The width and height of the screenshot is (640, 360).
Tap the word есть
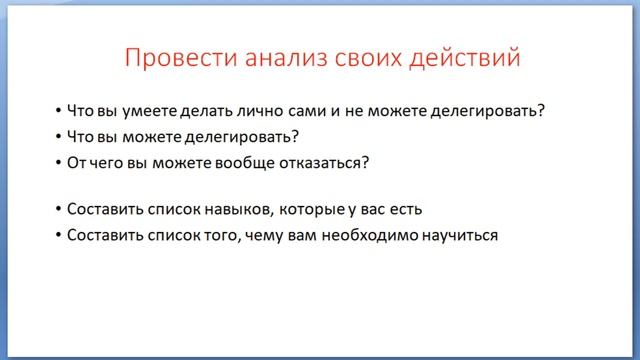click(406, 210)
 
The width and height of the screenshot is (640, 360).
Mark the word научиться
click(462, 236)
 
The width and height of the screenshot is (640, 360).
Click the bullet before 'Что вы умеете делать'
click(58, 110)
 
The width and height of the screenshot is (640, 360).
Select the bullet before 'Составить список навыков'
click(58, 210)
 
